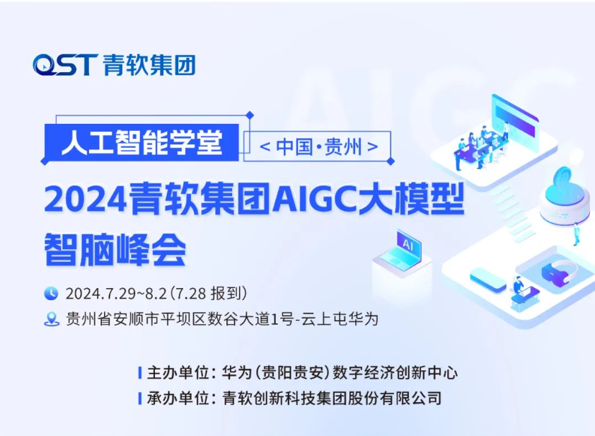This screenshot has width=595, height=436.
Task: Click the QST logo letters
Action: coord(65,64)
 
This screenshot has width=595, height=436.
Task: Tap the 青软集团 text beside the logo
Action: coord(149,65)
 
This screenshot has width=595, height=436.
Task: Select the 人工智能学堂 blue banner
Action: coord(141,142)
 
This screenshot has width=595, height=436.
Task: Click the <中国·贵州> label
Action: coord(318,147)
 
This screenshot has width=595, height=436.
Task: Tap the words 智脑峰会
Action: coord(115,249)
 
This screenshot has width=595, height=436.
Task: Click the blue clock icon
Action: coord(51,293)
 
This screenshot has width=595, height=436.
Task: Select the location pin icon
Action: coord(52,319)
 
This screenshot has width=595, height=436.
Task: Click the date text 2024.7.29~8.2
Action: coord(116,294)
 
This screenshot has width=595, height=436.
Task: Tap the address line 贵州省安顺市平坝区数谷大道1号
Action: coord(180,319)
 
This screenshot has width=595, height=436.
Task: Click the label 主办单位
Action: coord(178,372)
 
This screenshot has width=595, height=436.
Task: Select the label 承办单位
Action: coord(178,398)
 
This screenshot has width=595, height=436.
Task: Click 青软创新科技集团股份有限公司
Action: coord(332,398)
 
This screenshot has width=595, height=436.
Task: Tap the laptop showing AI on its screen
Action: coord(403,251)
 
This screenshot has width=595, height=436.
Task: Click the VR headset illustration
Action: coord(559,272)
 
